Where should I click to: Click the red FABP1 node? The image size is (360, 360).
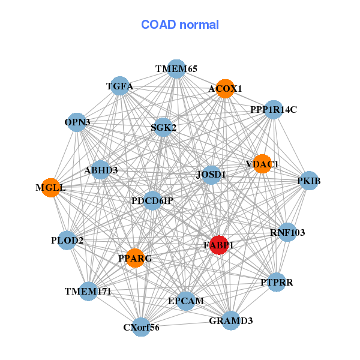[219, 245]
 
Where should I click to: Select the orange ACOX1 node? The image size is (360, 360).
[225, 89]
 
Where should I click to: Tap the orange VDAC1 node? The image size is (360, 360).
[262, 164]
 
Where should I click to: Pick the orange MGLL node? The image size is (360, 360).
[51, 188]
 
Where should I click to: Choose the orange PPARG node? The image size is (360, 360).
[135, 258]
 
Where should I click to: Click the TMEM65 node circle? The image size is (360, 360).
[176, 69]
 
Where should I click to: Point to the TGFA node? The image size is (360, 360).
[119, 86]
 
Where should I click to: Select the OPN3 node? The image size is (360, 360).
[77, 122]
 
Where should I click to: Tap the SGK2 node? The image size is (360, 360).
[163, 127]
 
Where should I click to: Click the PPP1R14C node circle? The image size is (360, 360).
[273, 110]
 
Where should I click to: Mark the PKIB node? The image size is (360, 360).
[308, 181]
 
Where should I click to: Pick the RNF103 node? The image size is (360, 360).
[287, 232]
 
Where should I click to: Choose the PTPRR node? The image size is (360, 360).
[276, 282]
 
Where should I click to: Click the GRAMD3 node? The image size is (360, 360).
[231, 320]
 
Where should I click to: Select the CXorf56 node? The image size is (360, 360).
[141, 327]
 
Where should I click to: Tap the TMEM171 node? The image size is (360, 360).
[88, 292]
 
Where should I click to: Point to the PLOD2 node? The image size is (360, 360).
[67, 241]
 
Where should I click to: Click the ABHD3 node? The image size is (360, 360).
[101, 170]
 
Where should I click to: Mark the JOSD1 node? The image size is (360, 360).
[211, 175]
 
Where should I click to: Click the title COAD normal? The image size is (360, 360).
[180, 25]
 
